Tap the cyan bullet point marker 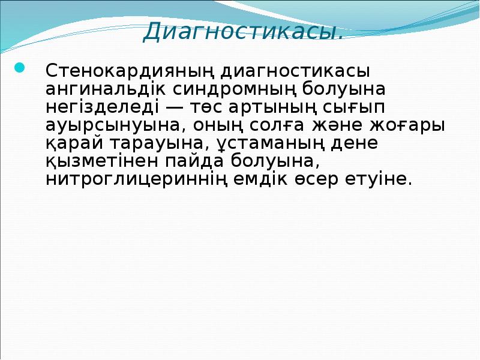point(19,67)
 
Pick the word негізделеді point(94,108)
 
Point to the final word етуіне point(382,180)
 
